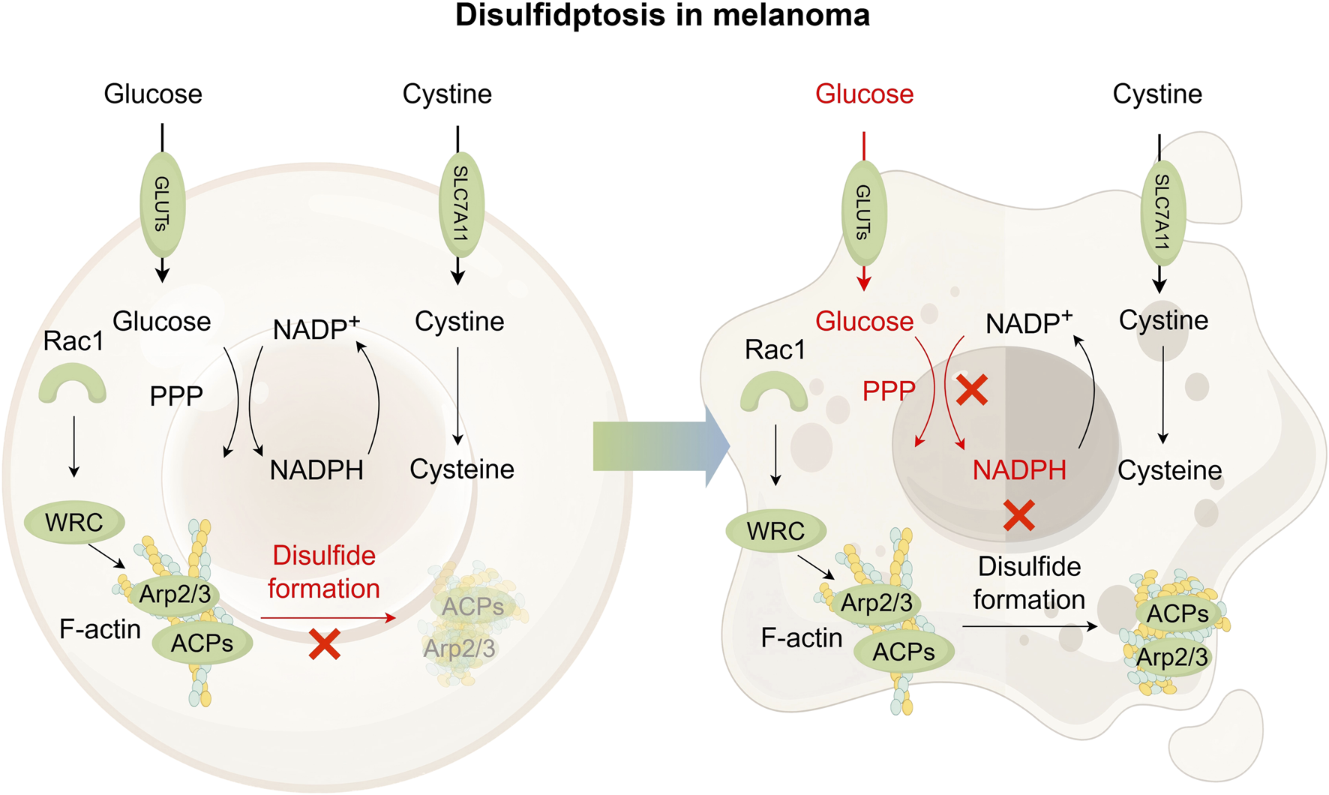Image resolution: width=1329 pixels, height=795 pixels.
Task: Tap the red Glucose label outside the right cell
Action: tap(864, 94)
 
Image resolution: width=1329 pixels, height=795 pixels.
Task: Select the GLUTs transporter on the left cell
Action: tap(162, 204)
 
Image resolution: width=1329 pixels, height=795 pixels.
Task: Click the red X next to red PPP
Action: tap(972, 391)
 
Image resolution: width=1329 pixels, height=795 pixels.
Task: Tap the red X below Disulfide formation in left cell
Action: tap(325, 644)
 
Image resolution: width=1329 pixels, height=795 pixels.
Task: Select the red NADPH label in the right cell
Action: tap(1018, 470)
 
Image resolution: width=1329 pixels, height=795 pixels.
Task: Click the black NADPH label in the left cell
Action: tap(316, 470)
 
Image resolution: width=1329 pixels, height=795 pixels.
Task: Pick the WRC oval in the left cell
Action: tap(73, 523)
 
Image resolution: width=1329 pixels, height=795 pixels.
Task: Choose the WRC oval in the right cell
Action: tap(775, 532)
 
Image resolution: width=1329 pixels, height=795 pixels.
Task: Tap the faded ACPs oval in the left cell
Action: tap(472, 606)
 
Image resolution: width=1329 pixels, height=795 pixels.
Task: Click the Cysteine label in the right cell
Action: tap(1169, 471)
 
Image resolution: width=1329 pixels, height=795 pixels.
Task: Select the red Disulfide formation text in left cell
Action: tap(323, 572)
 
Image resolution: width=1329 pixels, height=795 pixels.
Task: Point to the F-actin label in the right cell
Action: tap(801, 638)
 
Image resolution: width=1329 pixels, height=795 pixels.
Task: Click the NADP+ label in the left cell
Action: tap(316, 328)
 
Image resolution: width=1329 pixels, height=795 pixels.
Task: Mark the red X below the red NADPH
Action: tap(1018, 516)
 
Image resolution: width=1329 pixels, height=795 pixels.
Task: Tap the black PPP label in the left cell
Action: tap(176, 396)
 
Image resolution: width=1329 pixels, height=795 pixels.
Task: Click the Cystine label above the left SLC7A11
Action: tap(447, 94)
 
